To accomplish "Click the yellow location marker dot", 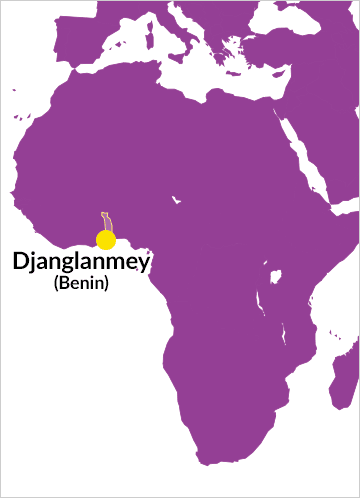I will [105, 240].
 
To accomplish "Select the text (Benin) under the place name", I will [80, 284].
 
